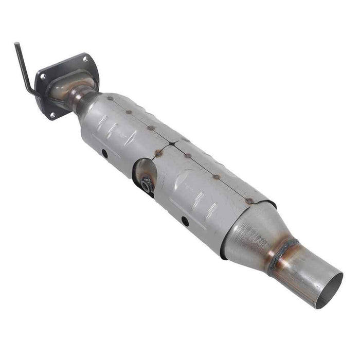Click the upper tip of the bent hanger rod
(16, 45)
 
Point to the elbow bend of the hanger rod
(31, 93)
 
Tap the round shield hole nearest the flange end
(104, 153)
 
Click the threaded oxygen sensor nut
(147, 182)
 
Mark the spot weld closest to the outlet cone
(249, 201)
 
